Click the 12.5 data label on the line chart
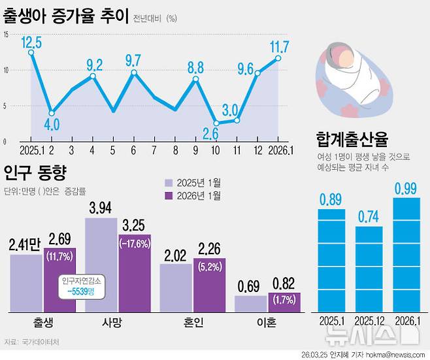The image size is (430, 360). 31,43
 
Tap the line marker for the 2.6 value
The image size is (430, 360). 216,123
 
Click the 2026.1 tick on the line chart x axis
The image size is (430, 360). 278,150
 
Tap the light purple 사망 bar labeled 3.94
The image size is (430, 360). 101,265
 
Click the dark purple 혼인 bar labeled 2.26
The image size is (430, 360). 209,284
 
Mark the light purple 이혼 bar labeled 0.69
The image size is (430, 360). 251,303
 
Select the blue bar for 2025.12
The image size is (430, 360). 369,268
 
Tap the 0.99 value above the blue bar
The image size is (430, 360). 406,189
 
